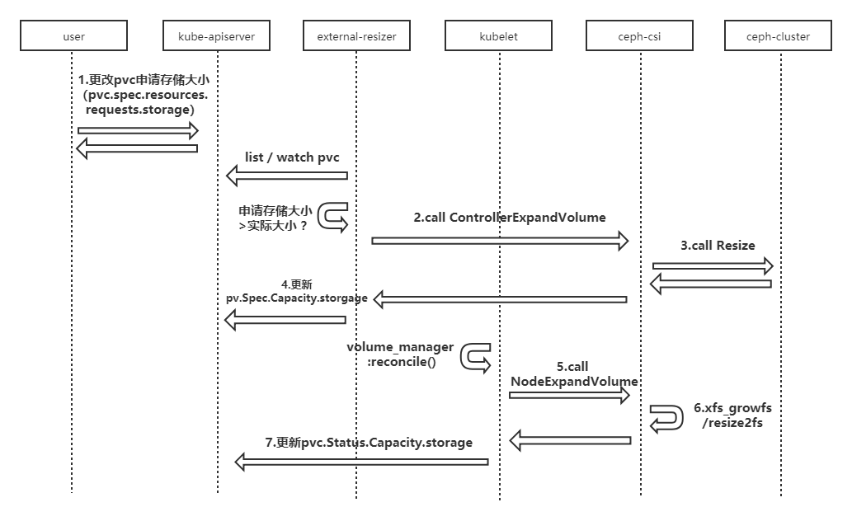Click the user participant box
coord(74,35)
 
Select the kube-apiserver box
coord(216,35)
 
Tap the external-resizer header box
coord(356,35)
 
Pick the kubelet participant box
coord(498,35)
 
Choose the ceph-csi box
coord(639,35)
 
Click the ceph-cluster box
coord(778,35)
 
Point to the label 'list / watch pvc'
coord(292,157)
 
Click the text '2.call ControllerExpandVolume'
coord(510,218)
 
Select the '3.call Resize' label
coord(718,246)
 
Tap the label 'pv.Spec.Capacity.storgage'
coord(297,298)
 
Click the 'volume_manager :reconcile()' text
coord(401,354)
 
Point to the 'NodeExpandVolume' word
coord(574,382)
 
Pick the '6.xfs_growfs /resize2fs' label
coord(732,415)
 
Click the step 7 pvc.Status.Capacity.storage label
coord(369,443)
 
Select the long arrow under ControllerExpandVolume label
coord(500,241)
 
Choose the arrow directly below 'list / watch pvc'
coord(287,176)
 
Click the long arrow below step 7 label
coord(361,462)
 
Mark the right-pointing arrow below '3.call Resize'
coord(713,265)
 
